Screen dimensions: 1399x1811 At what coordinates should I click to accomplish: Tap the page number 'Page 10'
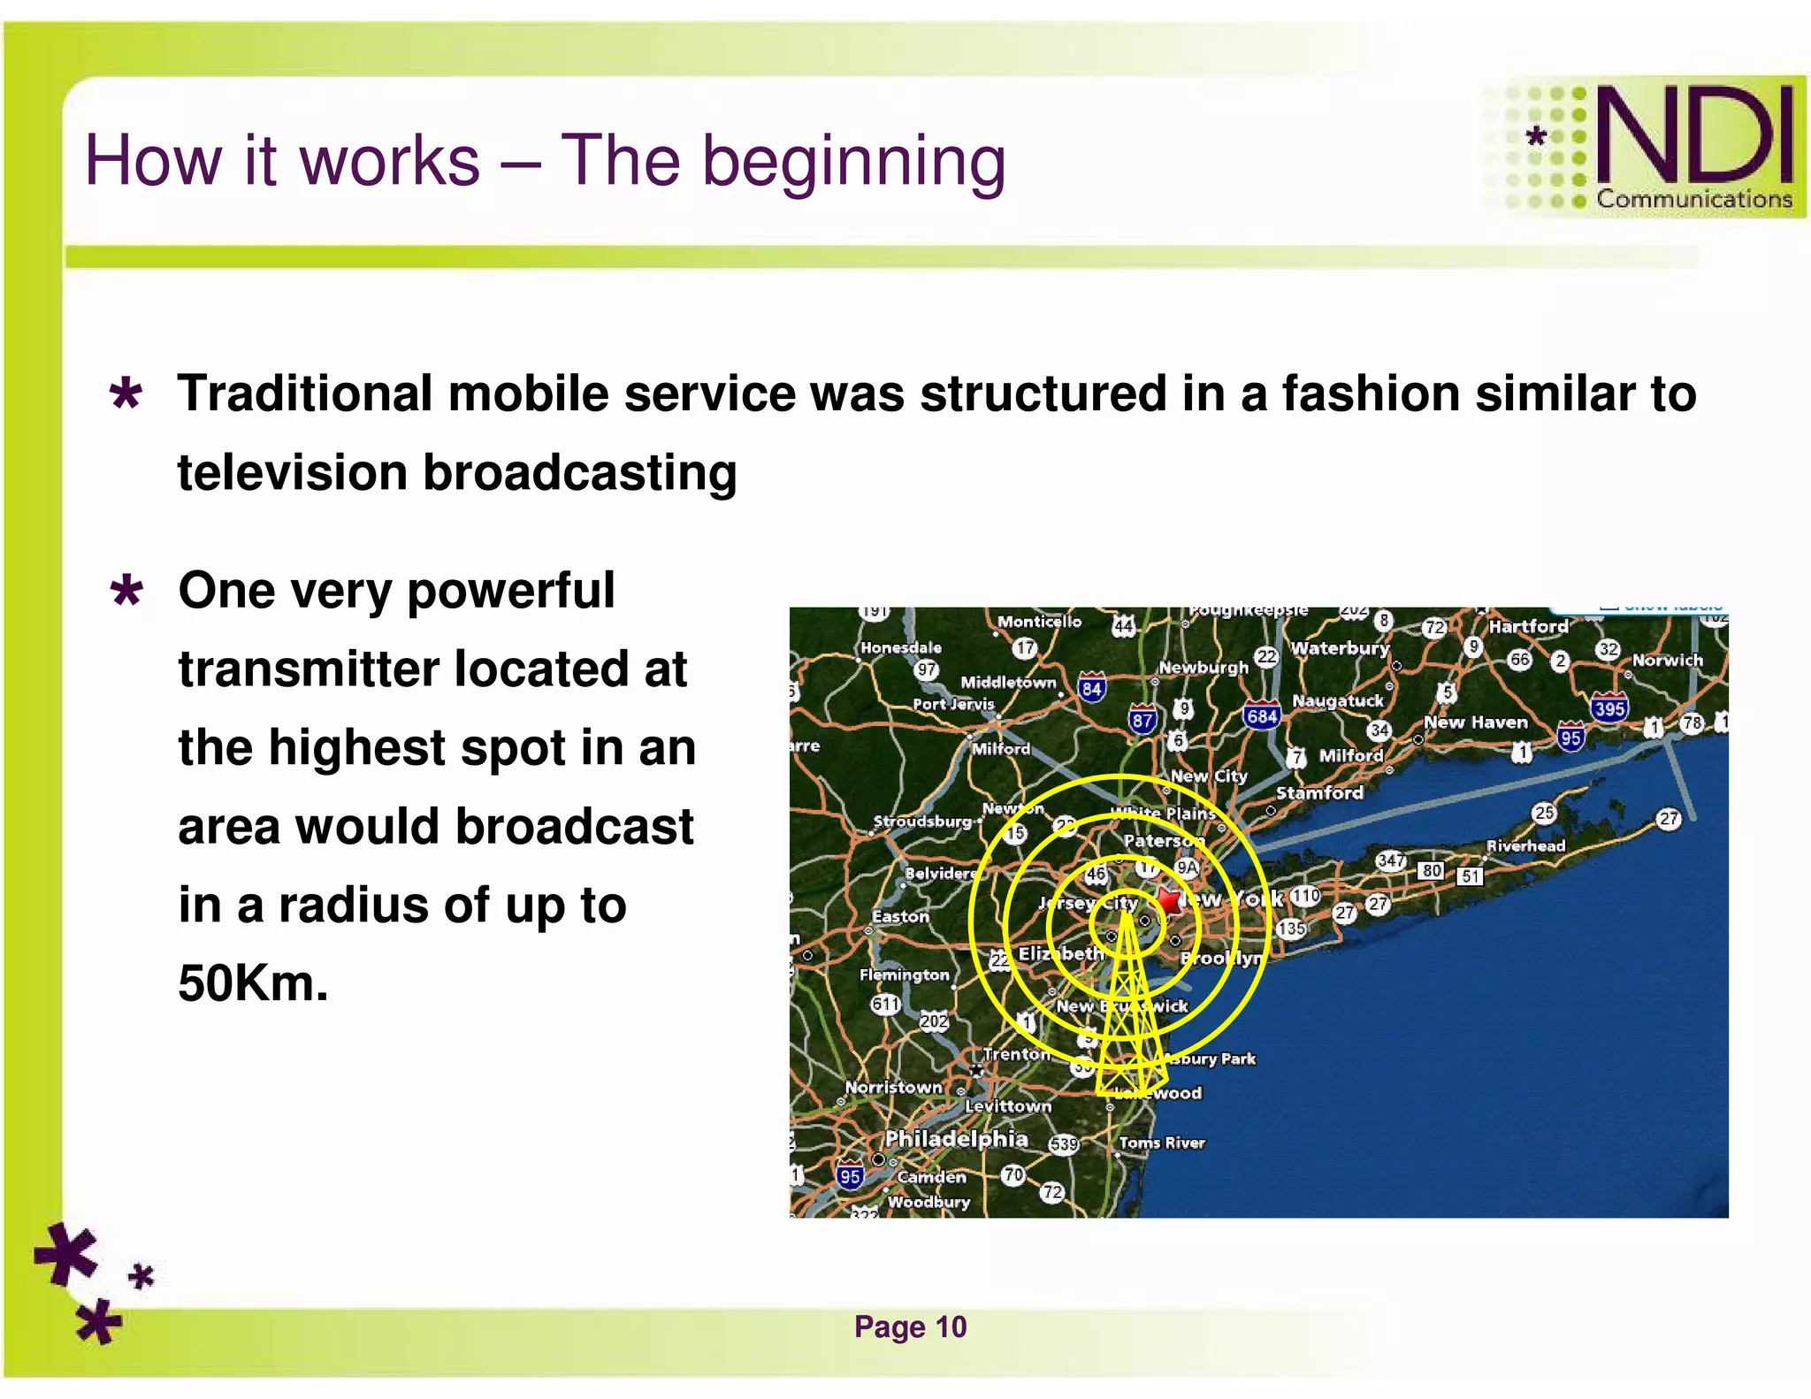(x=910, y=1326)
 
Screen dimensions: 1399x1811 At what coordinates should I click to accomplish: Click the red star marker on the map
(x=1169, y=901)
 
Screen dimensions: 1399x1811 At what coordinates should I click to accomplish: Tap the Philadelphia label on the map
(x=957, y=1139)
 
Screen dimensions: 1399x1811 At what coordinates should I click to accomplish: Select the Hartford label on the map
(x=1528, y=626)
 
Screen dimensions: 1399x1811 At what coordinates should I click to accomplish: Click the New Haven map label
(x=1475, y=722)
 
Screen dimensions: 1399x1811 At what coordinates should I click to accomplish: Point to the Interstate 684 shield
(x=1261, y=715)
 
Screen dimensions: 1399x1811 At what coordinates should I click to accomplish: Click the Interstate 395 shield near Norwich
(x=1609, y=707)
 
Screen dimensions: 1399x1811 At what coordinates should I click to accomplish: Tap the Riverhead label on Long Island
(x=1525, y=845)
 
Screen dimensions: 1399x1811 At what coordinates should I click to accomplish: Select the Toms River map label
(x=1162, y=1143)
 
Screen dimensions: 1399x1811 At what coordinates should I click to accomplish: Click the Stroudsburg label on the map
(x=921, y=821)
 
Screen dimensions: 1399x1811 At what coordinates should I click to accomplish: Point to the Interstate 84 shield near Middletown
(x=1092, y=688)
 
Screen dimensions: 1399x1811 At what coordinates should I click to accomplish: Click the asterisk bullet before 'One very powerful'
(x=126, y=592)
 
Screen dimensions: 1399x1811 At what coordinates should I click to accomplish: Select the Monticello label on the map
(x=1039, y=622)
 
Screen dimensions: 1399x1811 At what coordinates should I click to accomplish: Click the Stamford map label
(x=1319, y=792)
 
